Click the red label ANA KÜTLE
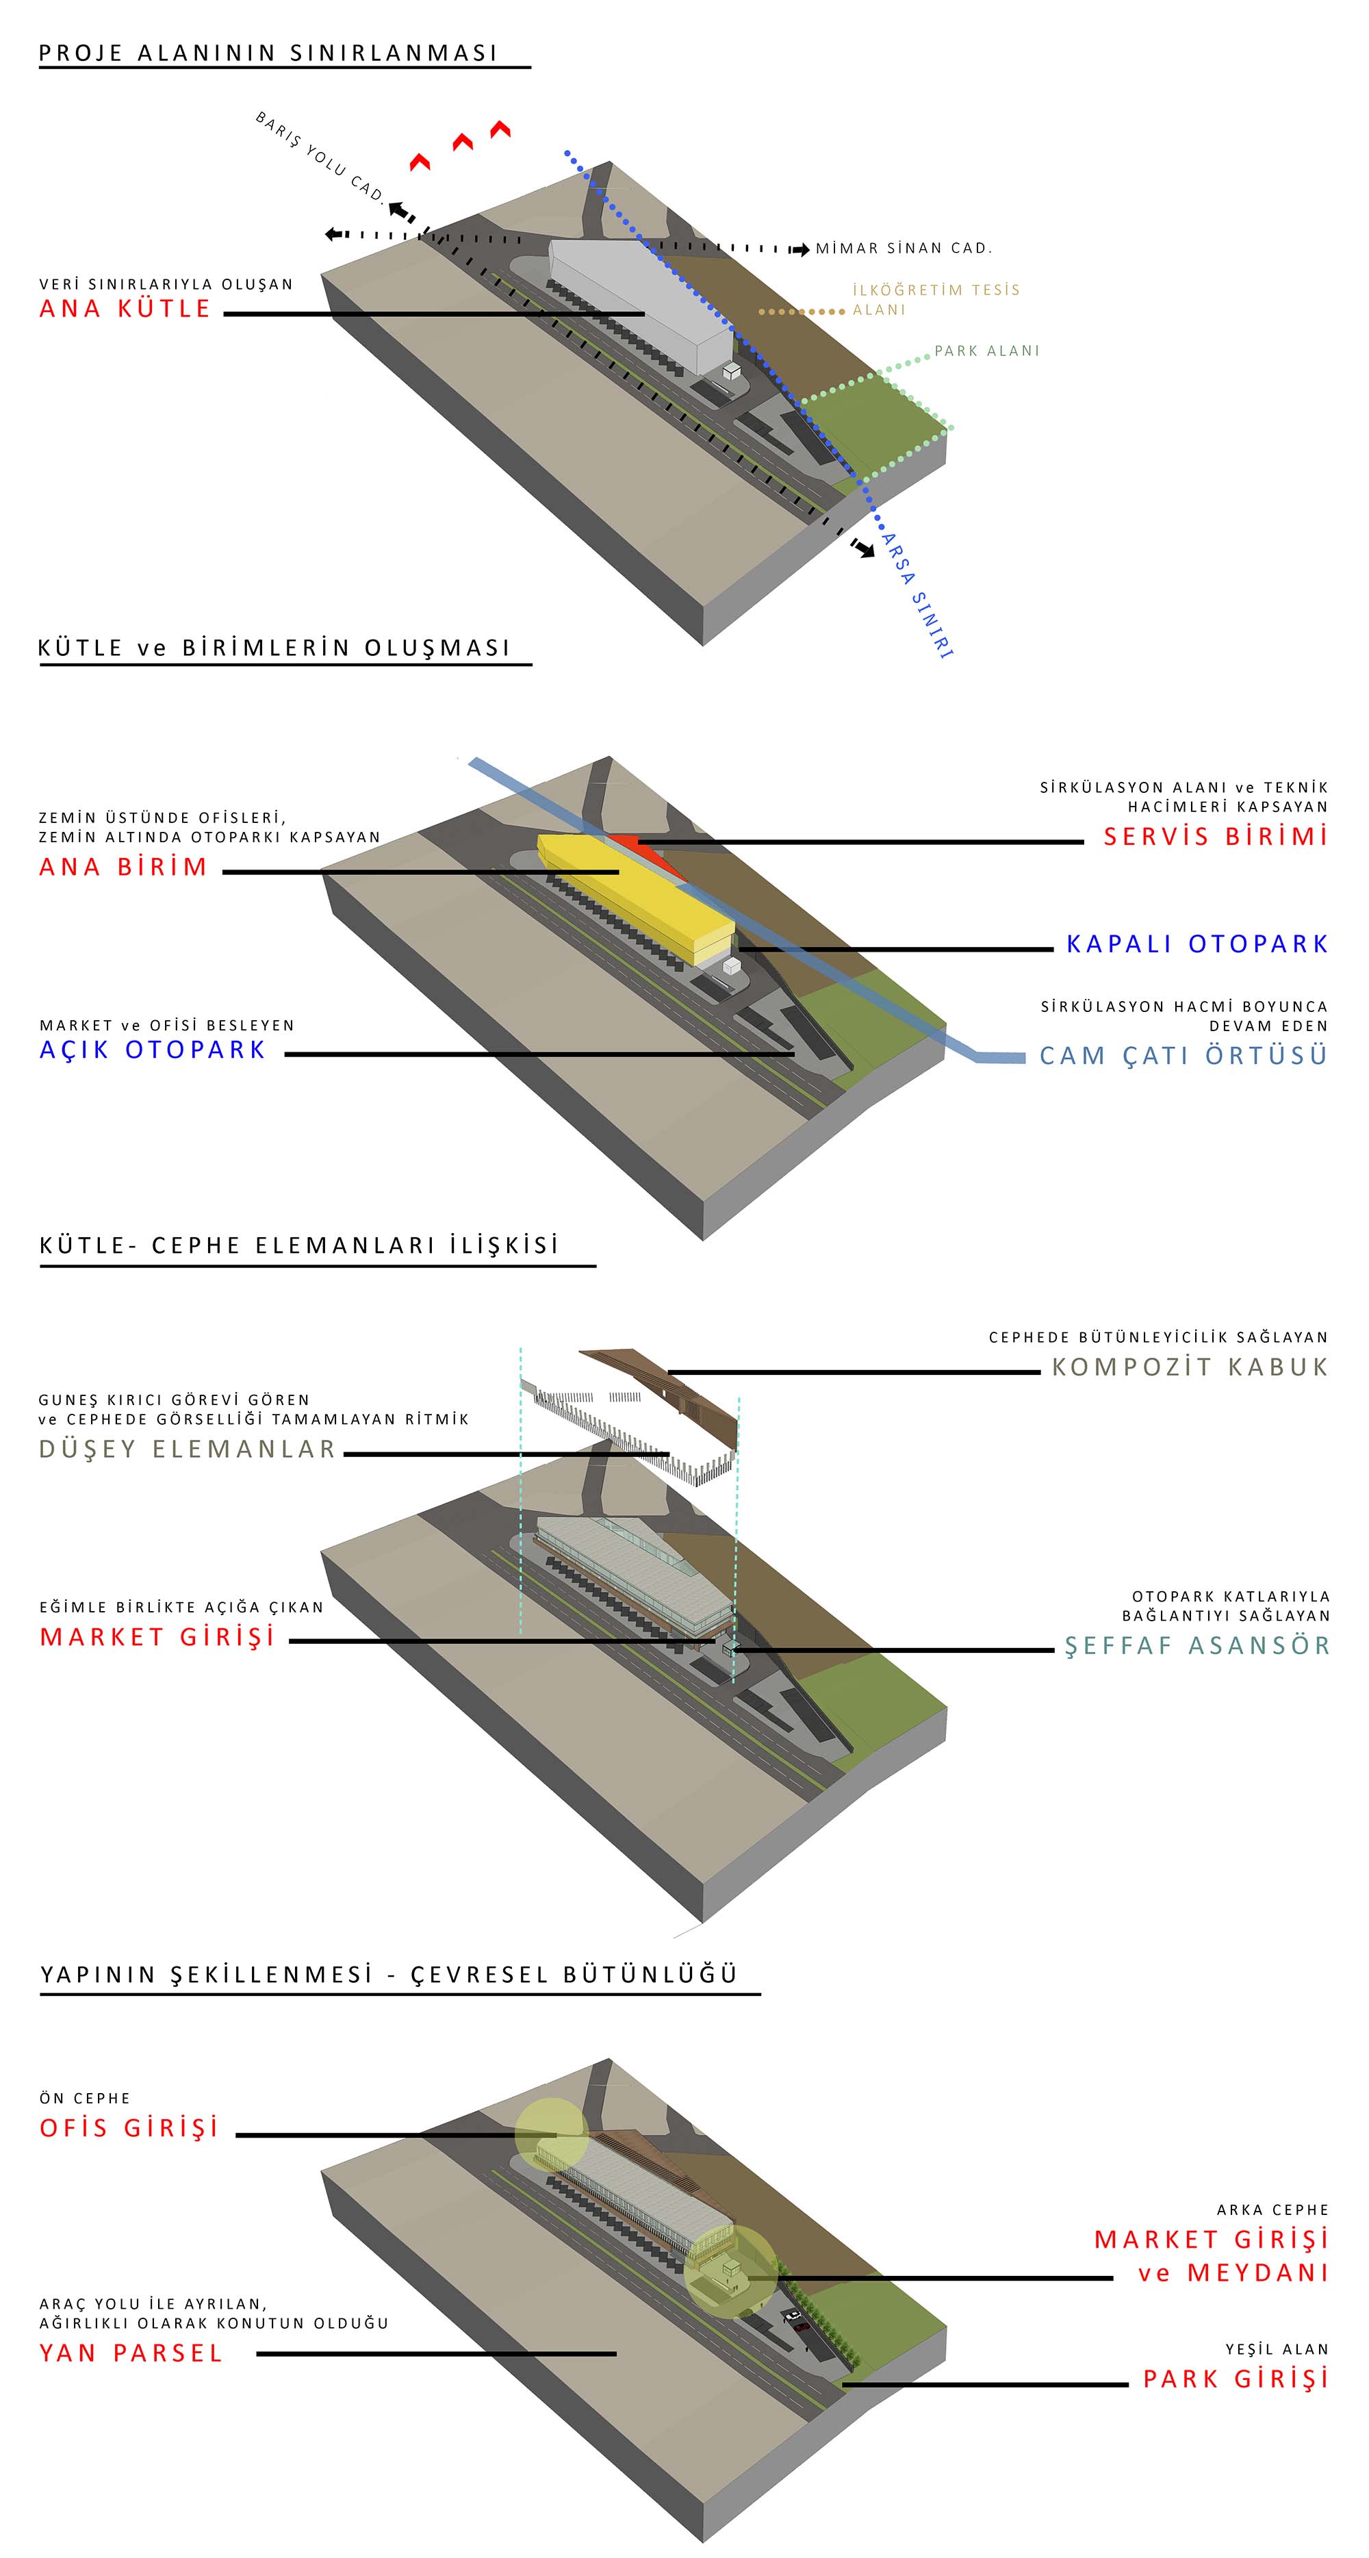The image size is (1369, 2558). click(125, 309)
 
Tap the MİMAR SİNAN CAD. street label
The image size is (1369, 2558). click(904, 249)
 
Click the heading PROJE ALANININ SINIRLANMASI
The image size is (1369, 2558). click(268, 53)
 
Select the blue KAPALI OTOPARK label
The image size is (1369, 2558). click(1197, 944)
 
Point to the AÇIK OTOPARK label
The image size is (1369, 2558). click(153, 1050)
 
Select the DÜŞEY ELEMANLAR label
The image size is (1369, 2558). click(188, 1449)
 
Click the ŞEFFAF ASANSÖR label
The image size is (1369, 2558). click(1197, 1645)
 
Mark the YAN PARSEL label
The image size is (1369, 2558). click(131, 2353)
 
